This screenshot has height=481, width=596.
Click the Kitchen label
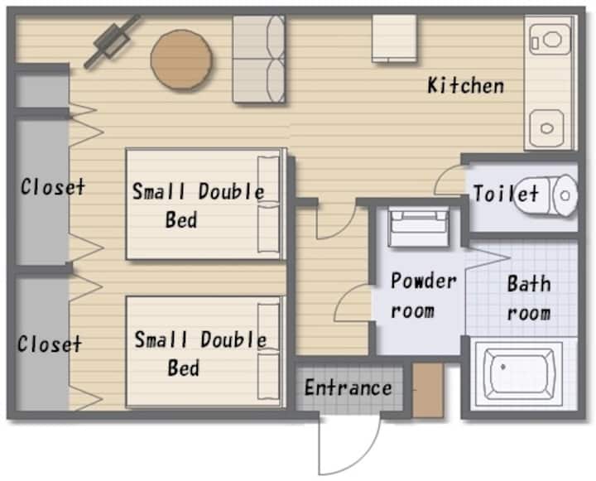click(x=465, y=85)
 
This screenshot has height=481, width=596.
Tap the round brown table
click(x=181, y=60)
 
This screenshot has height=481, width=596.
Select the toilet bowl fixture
click(x=546, y=195)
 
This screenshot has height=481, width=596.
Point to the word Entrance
click(x=348, y=387)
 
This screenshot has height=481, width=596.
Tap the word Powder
click(x=424, y=281)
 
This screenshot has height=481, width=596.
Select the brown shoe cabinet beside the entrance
click(x=429, y=390)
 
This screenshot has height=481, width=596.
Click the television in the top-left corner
click(x=112, y=41)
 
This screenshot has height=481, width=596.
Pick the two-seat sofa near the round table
click(x=259, y=59)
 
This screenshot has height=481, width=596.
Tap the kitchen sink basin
click(x=547, y=128)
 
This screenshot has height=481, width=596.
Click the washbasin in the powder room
click(x=419, y=227)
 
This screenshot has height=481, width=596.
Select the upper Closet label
click(x=53, y=187)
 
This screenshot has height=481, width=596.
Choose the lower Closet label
click(x=50, y=344)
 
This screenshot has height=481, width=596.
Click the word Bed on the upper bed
click(x=181, y=219)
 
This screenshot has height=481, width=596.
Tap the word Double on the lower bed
click(x=233, y=339)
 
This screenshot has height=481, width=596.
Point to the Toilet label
click(x=506, y=194)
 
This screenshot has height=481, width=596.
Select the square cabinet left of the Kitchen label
click(x=395, y=38)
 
